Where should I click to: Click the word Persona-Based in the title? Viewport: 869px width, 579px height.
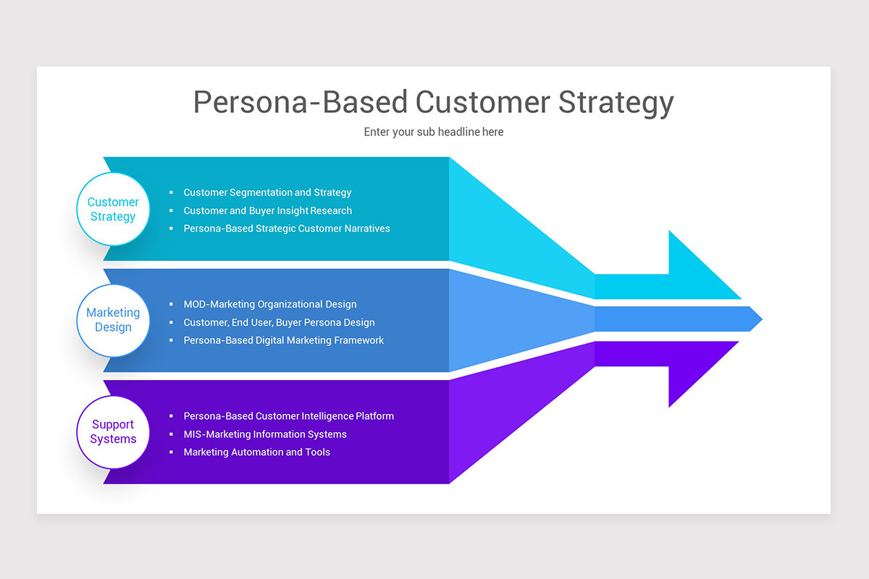[x=301, y=102]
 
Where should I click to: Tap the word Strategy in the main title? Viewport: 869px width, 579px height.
[x=616, y=102]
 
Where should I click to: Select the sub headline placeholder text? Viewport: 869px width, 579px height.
[x=434, y=132]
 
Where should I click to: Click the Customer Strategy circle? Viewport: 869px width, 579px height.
[x=113, y=209]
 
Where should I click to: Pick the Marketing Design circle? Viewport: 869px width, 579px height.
[x=113, y=320]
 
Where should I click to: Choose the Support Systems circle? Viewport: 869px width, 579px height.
[x=113, y=432]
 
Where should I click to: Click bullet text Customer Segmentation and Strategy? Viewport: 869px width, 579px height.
[x=267, y=193]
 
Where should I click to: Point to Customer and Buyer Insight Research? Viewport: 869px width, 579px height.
[x=267, y=211]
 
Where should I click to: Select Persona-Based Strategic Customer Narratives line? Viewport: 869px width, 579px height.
[x=287, y=228]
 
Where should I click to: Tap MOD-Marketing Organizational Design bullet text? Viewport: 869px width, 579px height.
[x=270, y=305]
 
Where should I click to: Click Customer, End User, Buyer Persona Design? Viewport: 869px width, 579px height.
[x=279, y=323]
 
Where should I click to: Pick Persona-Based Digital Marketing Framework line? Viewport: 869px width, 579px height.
[x=283, y=340]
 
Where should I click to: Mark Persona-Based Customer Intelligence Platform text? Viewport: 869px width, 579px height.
[x=288, y=416]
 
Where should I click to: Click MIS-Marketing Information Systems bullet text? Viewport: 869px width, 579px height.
[x=265, y=434]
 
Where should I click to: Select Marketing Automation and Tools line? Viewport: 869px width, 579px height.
[x=256, y=452]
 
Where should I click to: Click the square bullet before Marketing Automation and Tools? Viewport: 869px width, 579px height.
[x=172, y=452]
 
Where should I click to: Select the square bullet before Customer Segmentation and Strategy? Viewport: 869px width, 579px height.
[x=172, y=193]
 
